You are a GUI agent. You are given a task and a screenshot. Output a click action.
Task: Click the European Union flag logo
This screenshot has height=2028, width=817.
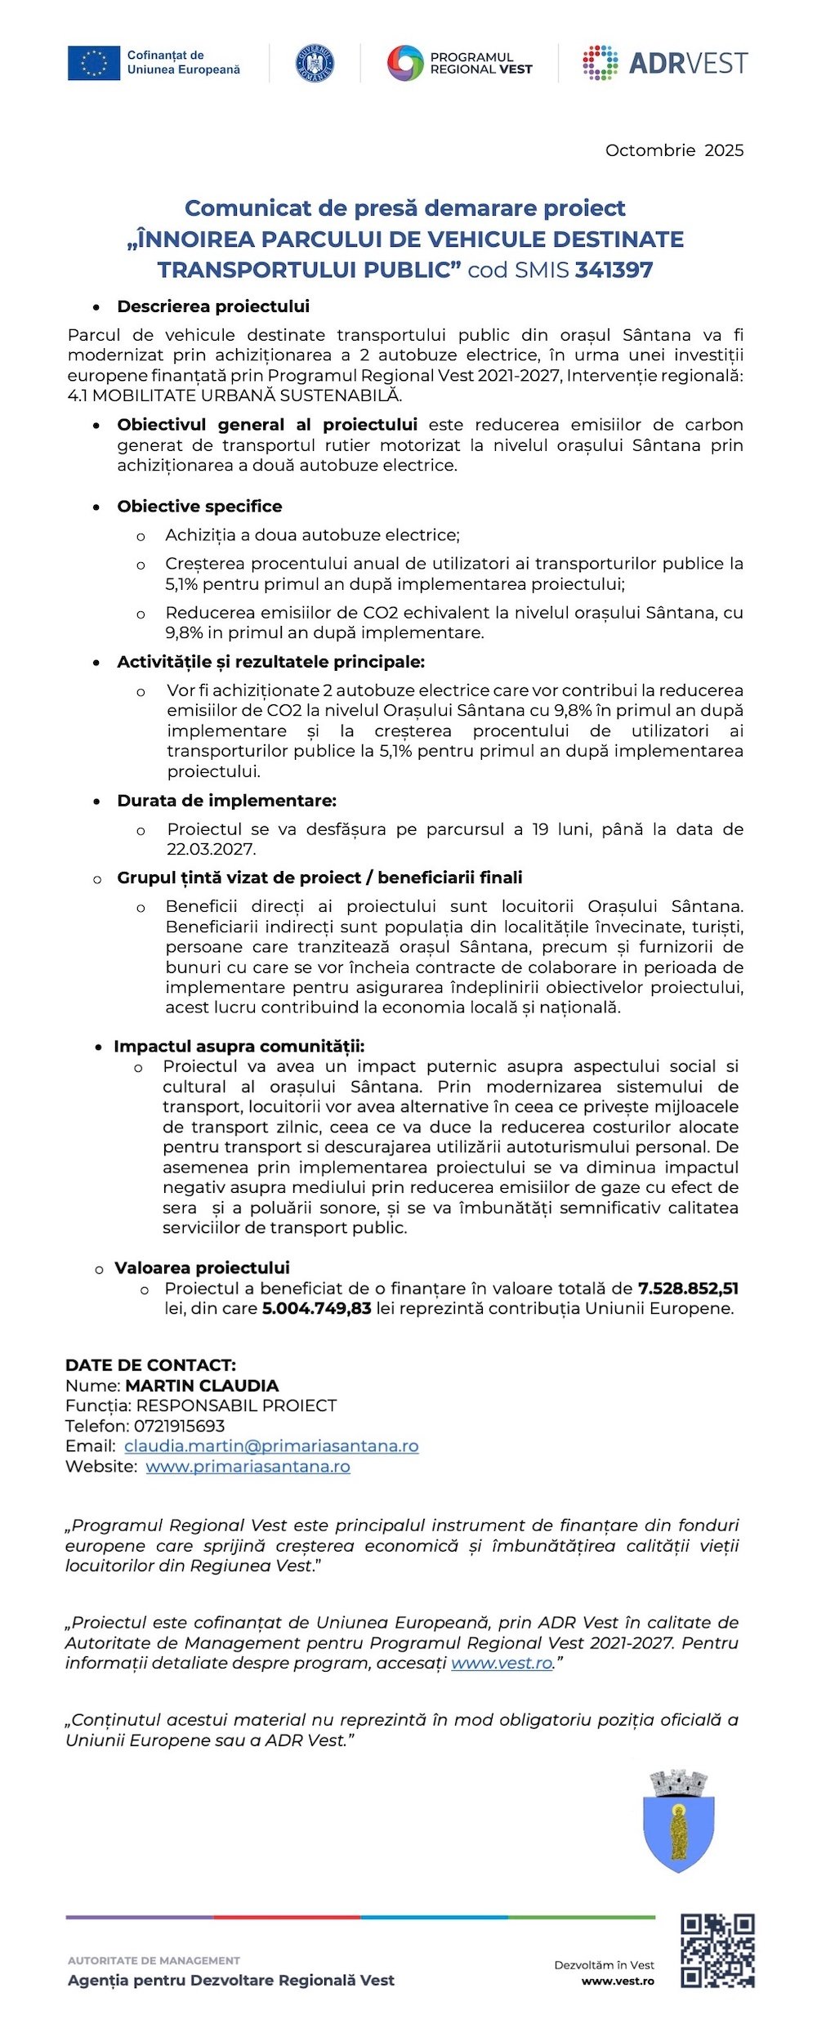coord(93,63)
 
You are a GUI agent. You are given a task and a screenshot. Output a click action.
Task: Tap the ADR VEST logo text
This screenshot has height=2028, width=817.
coord(688,63)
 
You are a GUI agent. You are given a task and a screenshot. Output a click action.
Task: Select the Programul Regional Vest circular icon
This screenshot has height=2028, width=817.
coord(404,63)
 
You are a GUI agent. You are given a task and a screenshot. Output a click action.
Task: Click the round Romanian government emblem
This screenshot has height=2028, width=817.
coord(315,63)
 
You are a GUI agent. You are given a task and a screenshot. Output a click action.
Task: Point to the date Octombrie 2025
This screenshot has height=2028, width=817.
coord(674,150)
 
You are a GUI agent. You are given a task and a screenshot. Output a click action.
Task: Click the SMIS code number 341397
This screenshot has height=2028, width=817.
coord(614,270)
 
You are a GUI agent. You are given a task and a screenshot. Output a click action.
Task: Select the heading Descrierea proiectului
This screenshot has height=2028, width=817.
coord(213,306)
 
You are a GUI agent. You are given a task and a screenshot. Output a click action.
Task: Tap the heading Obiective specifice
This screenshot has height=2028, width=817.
coord(199,507)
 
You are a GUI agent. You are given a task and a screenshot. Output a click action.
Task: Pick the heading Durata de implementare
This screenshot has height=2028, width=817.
coord(226,801)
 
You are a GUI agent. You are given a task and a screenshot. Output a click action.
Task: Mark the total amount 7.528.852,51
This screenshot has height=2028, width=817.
coord(688,1289)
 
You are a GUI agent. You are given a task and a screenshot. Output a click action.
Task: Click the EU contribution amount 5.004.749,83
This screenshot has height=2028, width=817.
coord(316,1308)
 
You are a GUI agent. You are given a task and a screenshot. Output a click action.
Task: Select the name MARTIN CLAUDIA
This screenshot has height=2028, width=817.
coord(202,1386)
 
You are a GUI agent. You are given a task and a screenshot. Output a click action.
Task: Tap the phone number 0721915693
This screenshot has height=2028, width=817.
coord(179,1426)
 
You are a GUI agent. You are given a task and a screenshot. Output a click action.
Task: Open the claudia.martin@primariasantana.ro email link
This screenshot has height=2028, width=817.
coord(271,1446)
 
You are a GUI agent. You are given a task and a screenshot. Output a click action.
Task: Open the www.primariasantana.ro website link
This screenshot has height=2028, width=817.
coord(248,1467)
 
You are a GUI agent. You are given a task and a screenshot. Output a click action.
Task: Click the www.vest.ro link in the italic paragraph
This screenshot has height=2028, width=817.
coord(502,1664)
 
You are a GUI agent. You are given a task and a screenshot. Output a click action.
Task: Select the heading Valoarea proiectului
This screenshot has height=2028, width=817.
coord(202,1268)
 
